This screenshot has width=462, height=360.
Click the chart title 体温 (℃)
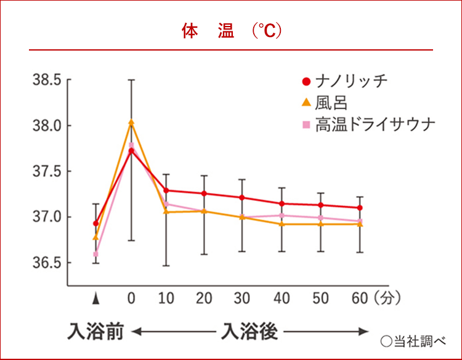point(231,31)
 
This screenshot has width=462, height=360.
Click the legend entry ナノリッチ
point(352,81)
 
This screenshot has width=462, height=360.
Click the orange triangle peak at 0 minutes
point(131,122)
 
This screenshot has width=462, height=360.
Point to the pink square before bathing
point(95,254)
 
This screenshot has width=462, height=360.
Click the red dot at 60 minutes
point(360,208)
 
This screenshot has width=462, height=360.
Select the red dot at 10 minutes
point(166,190)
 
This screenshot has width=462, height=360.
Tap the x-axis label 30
point(242,299)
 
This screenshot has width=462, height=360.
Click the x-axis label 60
point(359,299)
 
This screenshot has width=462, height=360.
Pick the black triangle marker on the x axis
point(95,299)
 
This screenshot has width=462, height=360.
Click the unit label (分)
point(387,299)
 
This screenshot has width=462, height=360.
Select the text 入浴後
point(249,332)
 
